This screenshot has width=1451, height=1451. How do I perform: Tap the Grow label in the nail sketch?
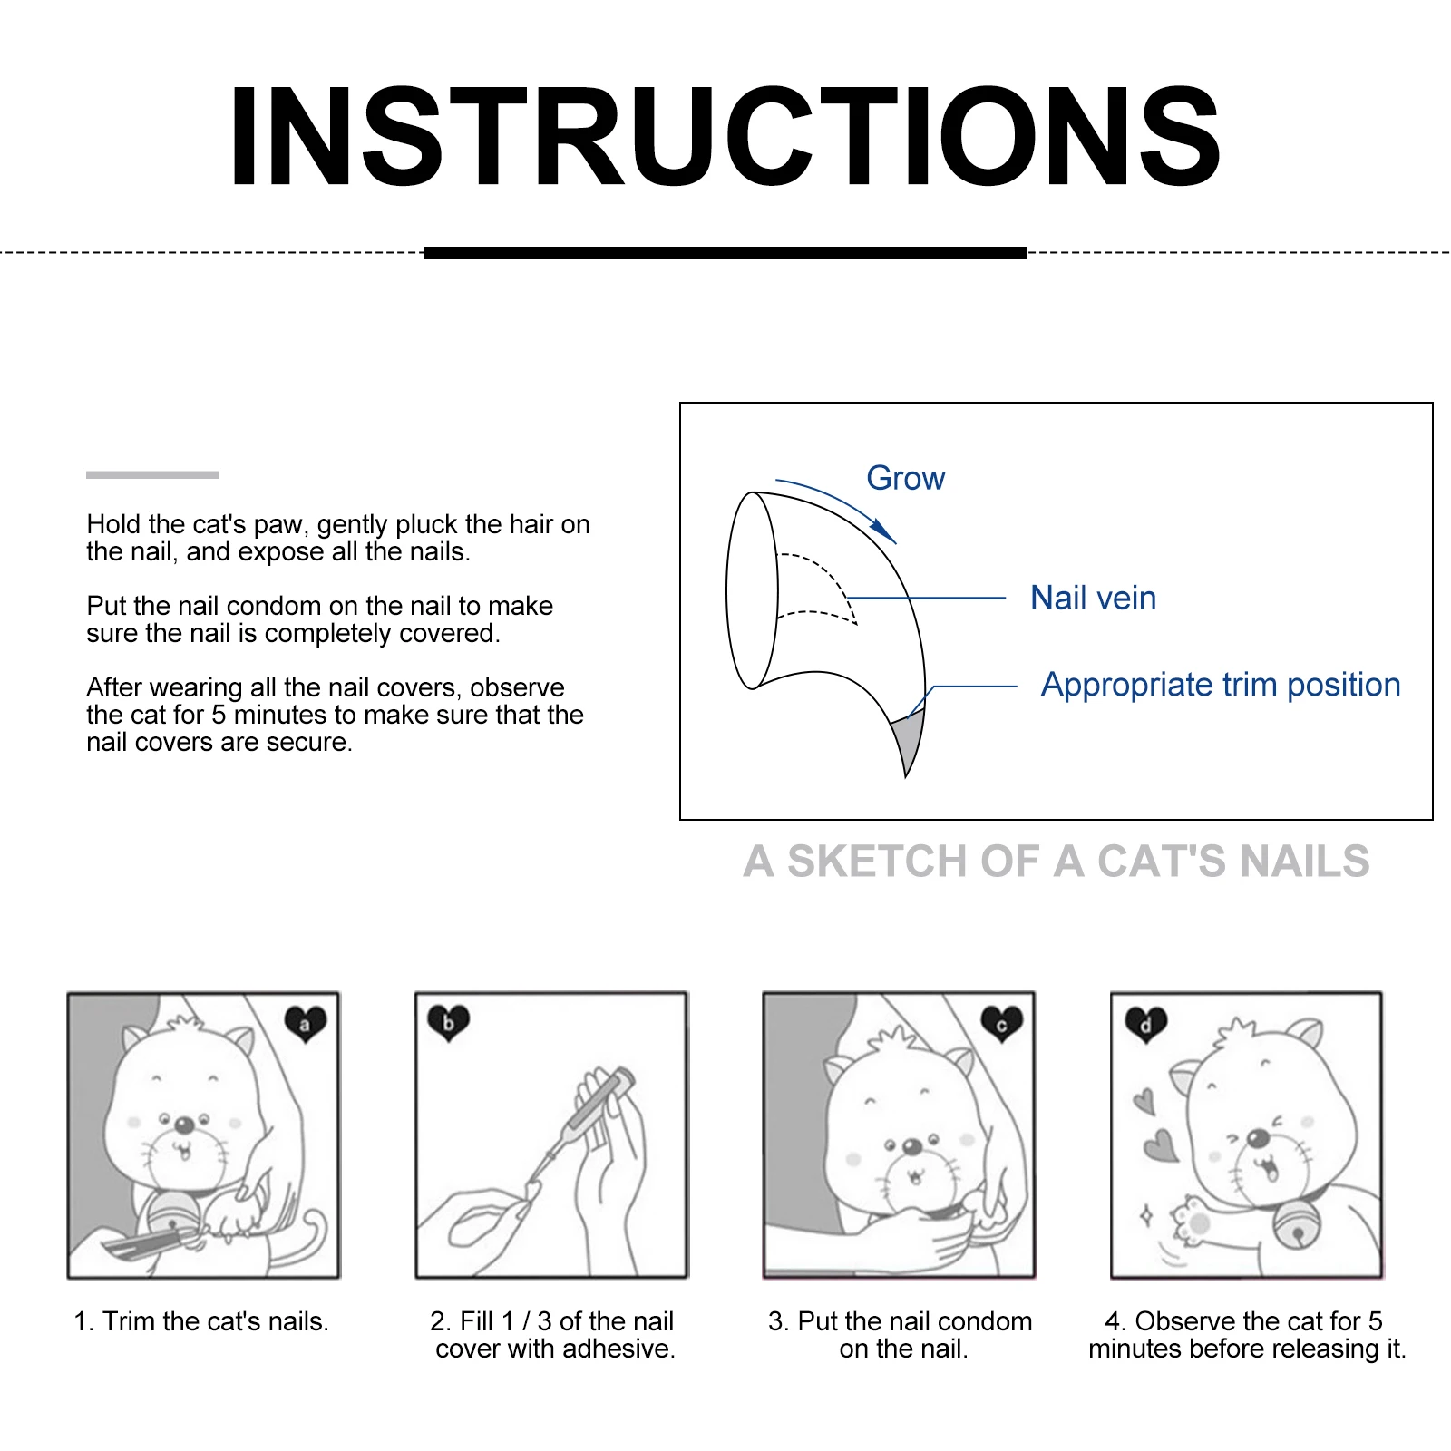905,478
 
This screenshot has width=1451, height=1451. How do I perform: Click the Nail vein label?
1093,598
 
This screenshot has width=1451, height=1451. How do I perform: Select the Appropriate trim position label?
1220,685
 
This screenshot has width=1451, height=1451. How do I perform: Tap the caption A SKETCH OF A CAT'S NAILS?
1056,861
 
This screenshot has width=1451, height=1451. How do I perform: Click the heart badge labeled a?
306,1024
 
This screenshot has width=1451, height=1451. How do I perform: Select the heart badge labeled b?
448,1023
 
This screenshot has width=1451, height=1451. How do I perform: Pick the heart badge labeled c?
1001,1024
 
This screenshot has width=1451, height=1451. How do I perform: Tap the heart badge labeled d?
1145,1025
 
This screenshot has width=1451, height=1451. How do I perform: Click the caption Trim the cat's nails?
201,1321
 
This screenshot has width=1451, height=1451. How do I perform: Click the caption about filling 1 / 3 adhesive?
554,1335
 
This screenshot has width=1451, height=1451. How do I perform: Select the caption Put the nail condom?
901,1335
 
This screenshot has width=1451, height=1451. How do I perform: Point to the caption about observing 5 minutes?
1247,1335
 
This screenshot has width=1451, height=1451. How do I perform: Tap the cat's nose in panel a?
184,1125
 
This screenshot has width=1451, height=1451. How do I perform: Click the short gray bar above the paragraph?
152,474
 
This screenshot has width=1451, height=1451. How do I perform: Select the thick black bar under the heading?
725,253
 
